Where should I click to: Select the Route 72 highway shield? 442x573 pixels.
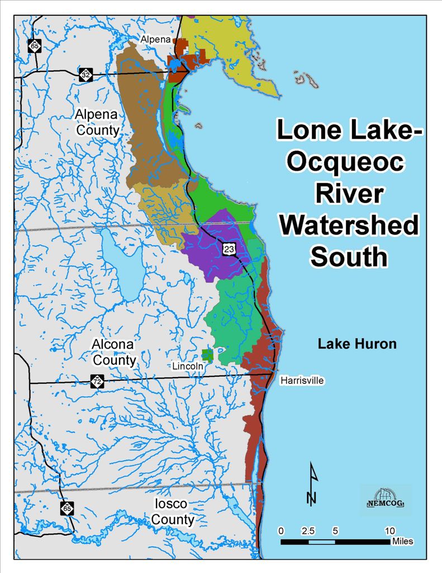coord(97,382)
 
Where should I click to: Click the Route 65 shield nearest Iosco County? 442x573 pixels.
coord(66,508)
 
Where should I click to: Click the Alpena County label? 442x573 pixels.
coord(97,123)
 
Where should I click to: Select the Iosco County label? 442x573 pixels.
coord(174,512)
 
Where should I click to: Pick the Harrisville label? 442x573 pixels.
coord(302,381)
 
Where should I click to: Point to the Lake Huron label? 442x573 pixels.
coord(357,344)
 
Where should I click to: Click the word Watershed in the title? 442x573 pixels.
coord(349,226)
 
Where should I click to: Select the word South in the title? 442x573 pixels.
coord(349,257)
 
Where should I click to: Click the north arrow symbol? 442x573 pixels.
coord(313,483)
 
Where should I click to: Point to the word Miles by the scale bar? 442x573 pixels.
coord(402,542)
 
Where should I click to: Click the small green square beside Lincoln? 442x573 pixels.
coord(208,355)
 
